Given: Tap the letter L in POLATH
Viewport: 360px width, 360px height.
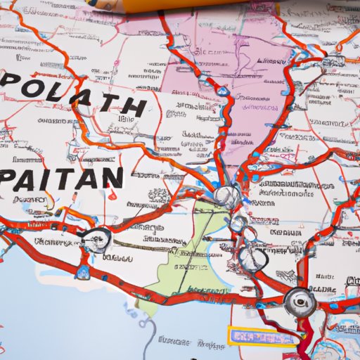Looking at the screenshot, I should pyautogui.click(x=64, y=91).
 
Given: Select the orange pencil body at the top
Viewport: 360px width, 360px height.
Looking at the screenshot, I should pyautogui.click(x=211, y=6).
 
